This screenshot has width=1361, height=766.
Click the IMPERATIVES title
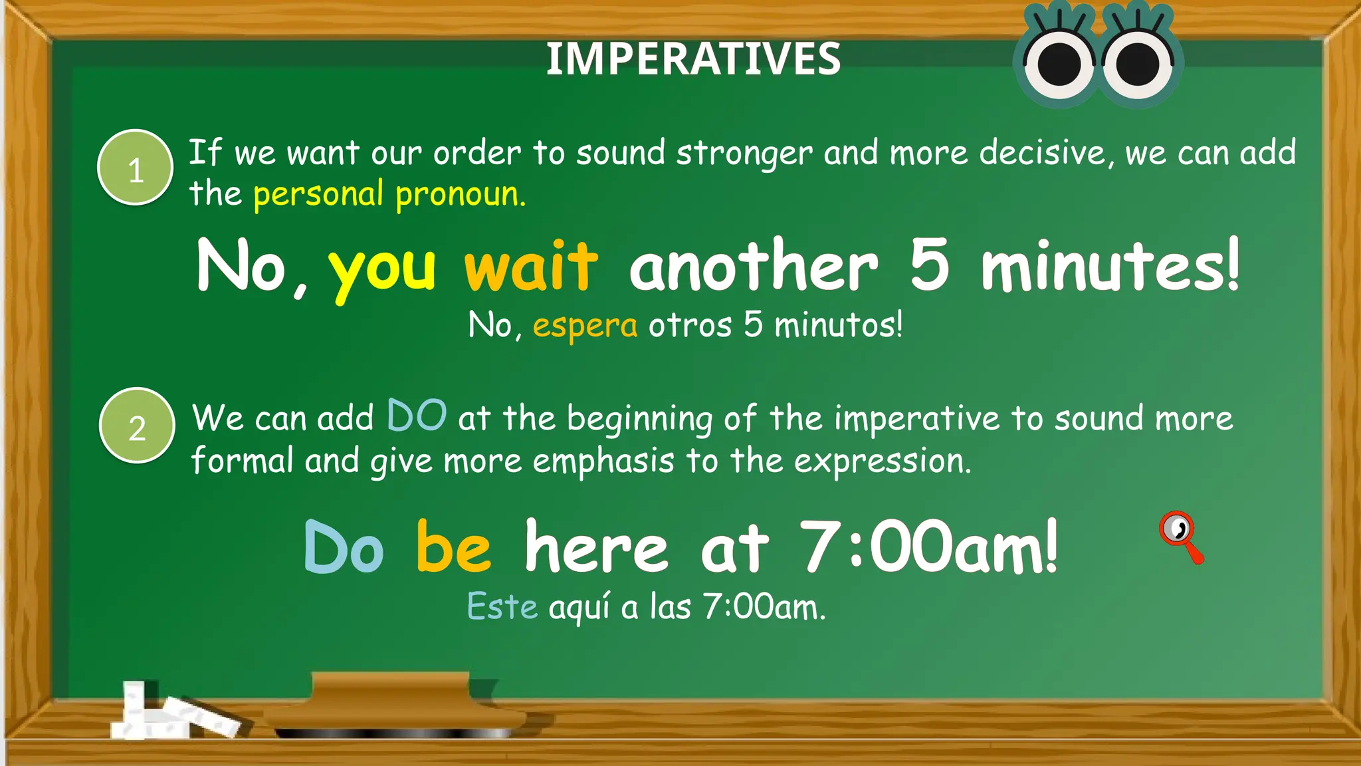pos(693,59)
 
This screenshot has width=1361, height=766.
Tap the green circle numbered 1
pos(136,168)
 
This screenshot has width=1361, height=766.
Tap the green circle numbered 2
pos(137,426)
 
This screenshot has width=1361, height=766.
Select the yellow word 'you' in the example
pos(382,269)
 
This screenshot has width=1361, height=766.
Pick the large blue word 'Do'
pos(344,548)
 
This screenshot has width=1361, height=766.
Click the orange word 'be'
pos(454,547)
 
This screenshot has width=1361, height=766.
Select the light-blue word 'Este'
pos(502,606)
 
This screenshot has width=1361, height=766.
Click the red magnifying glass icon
pos(1181,536)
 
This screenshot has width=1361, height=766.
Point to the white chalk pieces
pos(173,715)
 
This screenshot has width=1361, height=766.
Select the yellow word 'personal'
pos(318,195)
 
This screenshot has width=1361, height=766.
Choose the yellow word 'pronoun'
pos(460,195)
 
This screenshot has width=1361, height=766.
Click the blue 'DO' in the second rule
pos(417,416)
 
